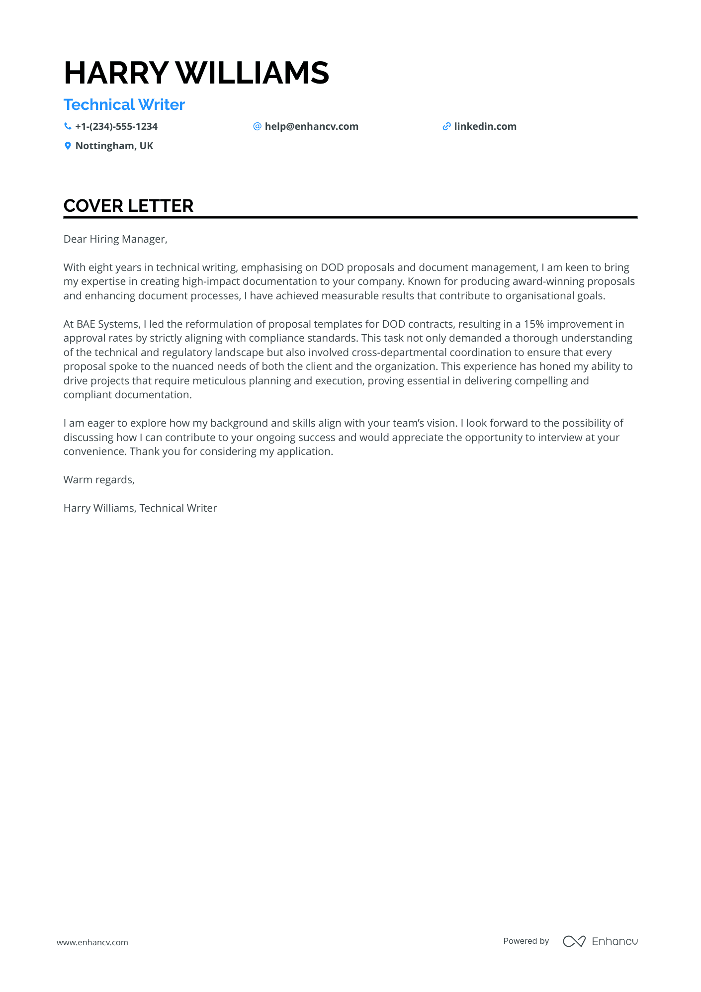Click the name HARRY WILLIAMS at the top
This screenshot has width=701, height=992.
196,73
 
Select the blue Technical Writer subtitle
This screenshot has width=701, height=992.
124,105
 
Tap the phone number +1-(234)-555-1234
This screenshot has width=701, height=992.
116,127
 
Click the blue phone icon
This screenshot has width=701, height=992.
68,127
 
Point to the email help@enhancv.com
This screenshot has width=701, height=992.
311,127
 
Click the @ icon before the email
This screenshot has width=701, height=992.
257,127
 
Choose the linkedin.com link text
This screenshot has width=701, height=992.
485,127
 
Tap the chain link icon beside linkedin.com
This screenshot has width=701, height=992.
446,127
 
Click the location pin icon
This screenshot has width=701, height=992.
68,146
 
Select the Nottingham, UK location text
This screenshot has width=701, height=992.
114,146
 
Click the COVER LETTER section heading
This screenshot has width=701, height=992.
128,206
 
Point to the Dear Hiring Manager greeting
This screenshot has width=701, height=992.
115,239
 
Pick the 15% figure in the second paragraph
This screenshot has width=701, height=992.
534,324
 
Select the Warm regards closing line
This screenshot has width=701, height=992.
99,480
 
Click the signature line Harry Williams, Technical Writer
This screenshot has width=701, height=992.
140,508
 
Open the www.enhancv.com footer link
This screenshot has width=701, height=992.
92,942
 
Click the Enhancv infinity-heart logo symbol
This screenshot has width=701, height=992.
574,941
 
